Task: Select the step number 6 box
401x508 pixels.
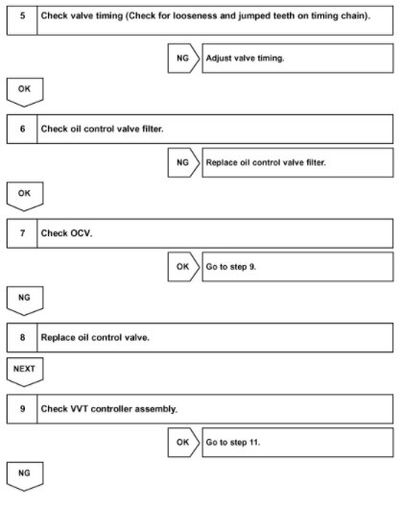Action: pos(21,128)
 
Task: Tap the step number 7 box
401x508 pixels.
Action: pos(21,233)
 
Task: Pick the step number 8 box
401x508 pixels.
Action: pos(21,339)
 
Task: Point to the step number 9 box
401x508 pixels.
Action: pos(21,408)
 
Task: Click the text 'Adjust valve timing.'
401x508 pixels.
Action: pos(244,59)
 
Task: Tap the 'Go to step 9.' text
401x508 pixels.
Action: pos(231,268)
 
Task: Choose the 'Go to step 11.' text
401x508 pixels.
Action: pos(233,443)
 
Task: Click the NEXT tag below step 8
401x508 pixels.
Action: pos(25,369)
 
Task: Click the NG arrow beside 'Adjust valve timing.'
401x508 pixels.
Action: pos(182,59)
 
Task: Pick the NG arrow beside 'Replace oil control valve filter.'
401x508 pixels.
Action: pos(182,163)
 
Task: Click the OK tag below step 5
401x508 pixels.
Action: pos(25,90)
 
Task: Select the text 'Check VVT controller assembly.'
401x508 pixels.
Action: pos(108,408)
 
